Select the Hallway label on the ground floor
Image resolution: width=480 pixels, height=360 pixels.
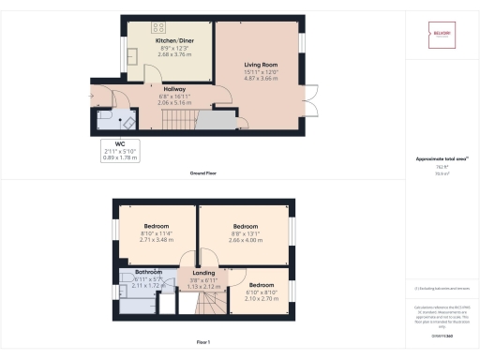pyautogui.click(x=174, y=89)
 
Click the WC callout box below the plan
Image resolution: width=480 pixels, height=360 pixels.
pyautogui.click(x=119, y=151)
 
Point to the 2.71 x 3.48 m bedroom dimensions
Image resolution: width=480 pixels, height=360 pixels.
pyautogui.click(x=156, y=242)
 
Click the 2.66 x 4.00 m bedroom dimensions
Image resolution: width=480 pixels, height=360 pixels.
pyautogui.click(x=245, y=240)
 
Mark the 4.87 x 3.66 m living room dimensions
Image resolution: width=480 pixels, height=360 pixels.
pyautogui.click(x=257, y=80)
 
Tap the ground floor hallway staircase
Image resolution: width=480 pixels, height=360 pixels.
pyautogui.click(x=182, y=120)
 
